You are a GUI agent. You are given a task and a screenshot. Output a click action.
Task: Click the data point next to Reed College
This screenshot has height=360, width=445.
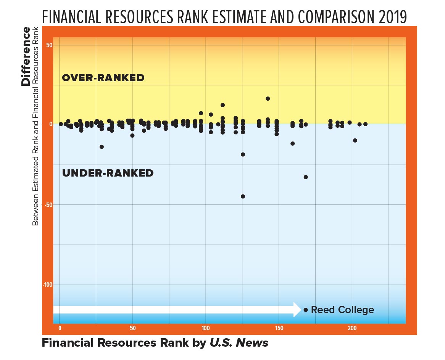coord(306,310)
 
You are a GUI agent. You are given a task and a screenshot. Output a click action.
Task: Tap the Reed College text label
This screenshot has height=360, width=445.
coord(342,310)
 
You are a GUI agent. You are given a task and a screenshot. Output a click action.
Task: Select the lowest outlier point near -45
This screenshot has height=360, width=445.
coord(243,196)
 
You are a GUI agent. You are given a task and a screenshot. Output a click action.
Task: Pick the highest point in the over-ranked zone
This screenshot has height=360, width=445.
coord(268,98)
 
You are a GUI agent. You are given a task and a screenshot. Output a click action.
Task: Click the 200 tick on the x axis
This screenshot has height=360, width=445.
coord(352,328)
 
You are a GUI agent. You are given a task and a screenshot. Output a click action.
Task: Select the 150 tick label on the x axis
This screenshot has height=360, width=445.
coord(279,328)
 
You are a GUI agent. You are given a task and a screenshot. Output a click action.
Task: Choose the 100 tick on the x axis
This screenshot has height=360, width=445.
coord(206,328)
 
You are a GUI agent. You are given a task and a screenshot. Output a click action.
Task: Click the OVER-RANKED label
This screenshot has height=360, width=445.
coord(103,78)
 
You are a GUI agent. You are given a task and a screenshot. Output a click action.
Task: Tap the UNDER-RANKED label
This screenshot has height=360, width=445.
coord(108,173)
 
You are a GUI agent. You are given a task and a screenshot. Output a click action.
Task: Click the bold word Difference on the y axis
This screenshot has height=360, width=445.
coord(26,56)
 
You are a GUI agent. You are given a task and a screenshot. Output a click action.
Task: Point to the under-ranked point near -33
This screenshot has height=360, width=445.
coord(306,177)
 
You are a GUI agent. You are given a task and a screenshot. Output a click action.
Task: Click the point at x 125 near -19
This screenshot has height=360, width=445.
coord(243,154)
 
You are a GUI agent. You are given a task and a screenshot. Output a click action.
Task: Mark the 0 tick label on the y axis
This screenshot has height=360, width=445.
coord(50,124)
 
